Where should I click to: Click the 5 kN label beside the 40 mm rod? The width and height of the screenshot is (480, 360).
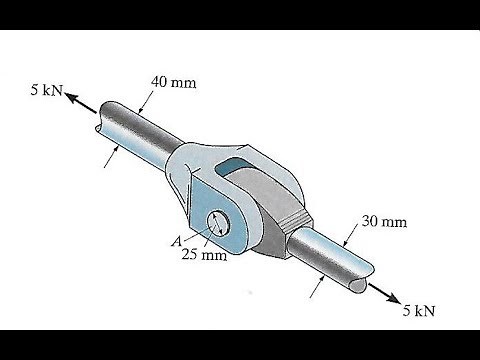pos(45,92)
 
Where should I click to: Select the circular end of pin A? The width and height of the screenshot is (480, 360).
pos(220,223)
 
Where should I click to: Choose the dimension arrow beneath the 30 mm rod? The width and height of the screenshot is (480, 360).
pos(319,285)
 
